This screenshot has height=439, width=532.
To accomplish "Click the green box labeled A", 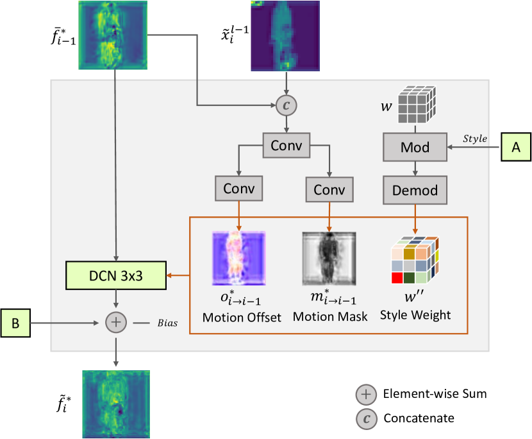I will point(515,146).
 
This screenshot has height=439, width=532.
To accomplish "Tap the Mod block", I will point(415,148).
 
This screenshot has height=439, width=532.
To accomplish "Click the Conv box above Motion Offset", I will point(238,189).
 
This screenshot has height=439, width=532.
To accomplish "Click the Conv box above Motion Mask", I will point(329,189).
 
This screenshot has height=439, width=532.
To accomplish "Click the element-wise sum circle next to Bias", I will point(116,322).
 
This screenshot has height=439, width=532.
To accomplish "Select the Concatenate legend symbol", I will point(366,418).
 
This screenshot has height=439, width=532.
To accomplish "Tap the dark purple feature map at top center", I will point(286,35).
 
